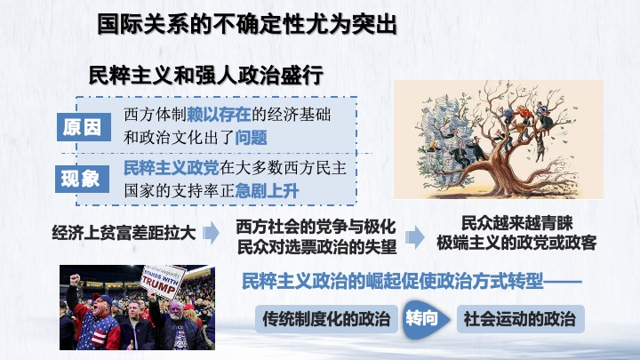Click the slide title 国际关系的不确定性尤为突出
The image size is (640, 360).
pos(247,25)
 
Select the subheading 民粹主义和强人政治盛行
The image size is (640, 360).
pos(206,75)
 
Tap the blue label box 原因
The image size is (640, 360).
pos(84,127)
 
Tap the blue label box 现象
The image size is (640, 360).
pos(82,179)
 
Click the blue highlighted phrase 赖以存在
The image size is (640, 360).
pos(219,115)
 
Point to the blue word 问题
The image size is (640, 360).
pos(251,138)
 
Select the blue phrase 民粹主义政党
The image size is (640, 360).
pos(172,168)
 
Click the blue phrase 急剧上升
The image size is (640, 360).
pos(267,191)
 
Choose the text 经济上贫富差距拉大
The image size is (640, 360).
pos(124,233)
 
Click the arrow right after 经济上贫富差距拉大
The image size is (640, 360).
pos(211,233)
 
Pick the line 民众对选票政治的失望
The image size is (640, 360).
pos(316,246)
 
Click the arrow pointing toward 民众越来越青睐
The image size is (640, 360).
pos(415,236)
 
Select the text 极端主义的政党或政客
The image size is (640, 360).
pos(516,243)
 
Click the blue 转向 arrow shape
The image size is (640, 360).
pos(426,319)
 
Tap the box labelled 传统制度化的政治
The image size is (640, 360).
pos(326,319)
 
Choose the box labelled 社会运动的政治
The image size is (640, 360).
pos(520,319)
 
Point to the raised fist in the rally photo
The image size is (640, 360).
pos(75,280)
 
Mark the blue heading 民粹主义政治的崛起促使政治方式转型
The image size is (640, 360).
pos(393,281)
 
